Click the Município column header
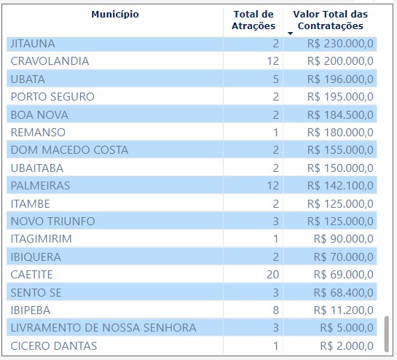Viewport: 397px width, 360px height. click(x=115, y=15)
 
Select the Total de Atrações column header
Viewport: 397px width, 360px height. click(x=253, y=20)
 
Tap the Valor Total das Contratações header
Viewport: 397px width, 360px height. click(x=330, y=20)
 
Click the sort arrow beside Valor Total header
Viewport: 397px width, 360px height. click(x=290, y=33)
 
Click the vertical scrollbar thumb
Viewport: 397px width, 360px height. click(x=387, y=334)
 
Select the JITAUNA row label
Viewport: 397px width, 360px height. click(x=33, y=44)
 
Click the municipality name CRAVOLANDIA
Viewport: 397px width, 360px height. click(x=50, y=61)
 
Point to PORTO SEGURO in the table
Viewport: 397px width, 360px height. click(x=52, y=97)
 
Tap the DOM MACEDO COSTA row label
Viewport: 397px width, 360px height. click(x=69, y=150)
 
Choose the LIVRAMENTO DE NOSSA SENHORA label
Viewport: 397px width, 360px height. click(x=103, y=328)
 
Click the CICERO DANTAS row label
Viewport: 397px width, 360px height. click(x=54, y=345)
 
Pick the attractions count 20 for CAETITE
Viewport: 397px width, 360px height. click(x=272, y=275)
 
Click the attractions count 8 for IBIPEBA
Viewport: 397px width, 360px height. click(x=275, y=310)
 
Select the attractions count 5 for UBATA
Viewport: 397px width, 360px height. click(x=275, y=79)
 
